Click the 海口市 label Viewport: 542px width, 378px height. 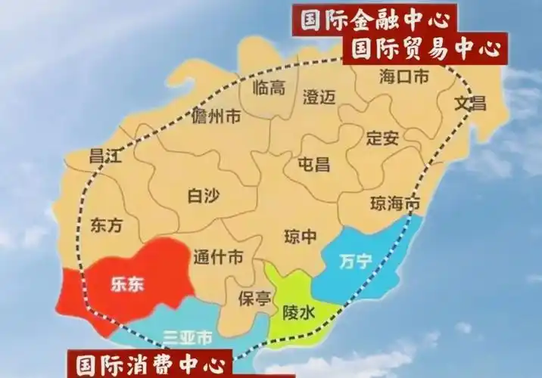(x=403, y=77)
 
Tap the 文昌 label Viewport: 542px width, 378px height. (x=469, y=104)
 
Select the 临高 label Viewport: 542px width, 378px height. (x=269, y=88)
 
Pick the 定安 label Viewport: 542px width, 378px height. (x=382, y=139)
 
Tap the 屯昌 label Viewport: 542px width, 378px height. (x=314, y=164)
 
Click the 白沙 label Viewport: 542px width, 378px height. (x=203, y=197)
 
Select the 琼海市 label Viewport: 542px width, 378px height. (x=394, y=203)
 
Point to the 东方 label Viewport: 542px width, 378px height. (x=106, y=225)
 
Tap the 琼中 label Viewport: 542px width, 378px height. (x=300, y=237)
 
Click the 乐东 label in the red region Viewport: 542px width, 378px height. (x=127, y=284)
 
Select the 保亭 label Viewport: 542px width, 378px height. (x=254, y=298)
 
